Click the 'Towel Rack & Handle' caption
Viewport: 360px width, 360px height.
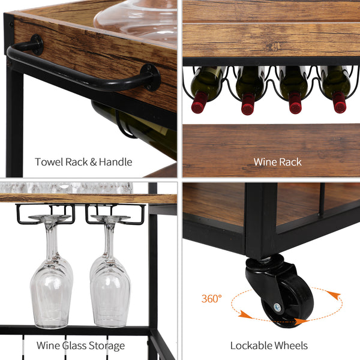83,162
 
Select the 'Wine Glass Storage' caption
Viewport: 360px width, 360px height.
80,346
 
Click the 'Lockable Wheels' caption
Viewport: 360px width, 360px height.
269,346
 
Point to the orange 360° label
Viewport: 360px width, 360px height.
212,298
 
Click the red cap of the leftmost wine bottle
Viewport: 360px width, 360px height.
198,106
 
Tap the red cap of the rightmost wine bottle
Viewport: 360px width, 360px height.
340,106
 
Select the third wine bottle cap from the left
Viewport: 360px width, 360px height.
295,106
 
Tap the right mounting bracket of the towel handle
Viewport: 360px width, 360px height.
149,77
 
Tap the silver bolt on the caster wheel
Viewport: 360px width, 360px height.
277,308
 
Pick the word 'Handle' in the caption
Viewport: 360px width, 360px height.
116,162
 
